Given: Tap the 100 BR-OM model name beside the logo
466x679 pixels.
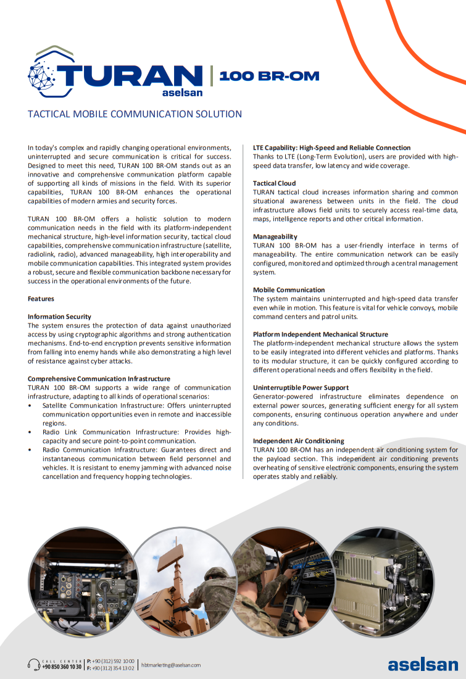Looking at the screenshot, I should [269, 76].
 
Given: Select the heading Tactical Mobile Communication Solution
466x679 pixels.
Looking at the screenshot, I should [135, 114].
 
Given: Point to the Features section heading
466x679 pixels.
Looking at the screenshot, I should [41, 299].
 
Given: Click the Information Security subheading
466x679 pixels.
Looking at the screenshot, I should [59, 317].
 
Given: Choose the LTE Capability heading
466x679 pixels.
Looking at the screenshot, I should [331, 148].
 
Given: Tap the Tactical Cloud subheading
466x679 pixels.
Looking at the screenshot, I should [274, 183].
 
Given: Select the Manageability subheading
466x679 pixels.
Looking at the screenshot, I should [275, 236].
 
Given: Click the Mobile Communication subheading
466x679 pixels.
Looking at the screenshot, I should [288, 290].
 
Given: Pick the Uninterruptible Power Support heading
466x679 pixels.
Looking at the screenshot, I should [301, 388].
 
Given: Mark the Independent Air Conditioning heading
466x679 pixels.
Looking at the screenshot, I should [298, 441].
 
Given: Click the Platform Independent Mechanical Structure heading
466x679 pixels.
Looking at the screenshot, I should [320, 335].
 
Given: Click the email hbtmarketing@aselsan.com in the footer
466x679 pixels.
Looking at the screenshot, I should [171, 665].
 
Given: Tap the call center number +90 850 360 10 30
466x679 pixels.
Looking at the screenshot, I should [61, 667].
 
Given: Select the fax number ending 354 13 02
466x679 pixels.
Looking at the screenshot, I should [114, 668].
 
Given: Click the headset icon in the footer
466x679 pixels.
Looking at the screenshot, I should [33, 664].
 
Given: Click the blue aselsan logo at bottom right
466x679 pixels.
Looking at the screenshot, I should [423, 664].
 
